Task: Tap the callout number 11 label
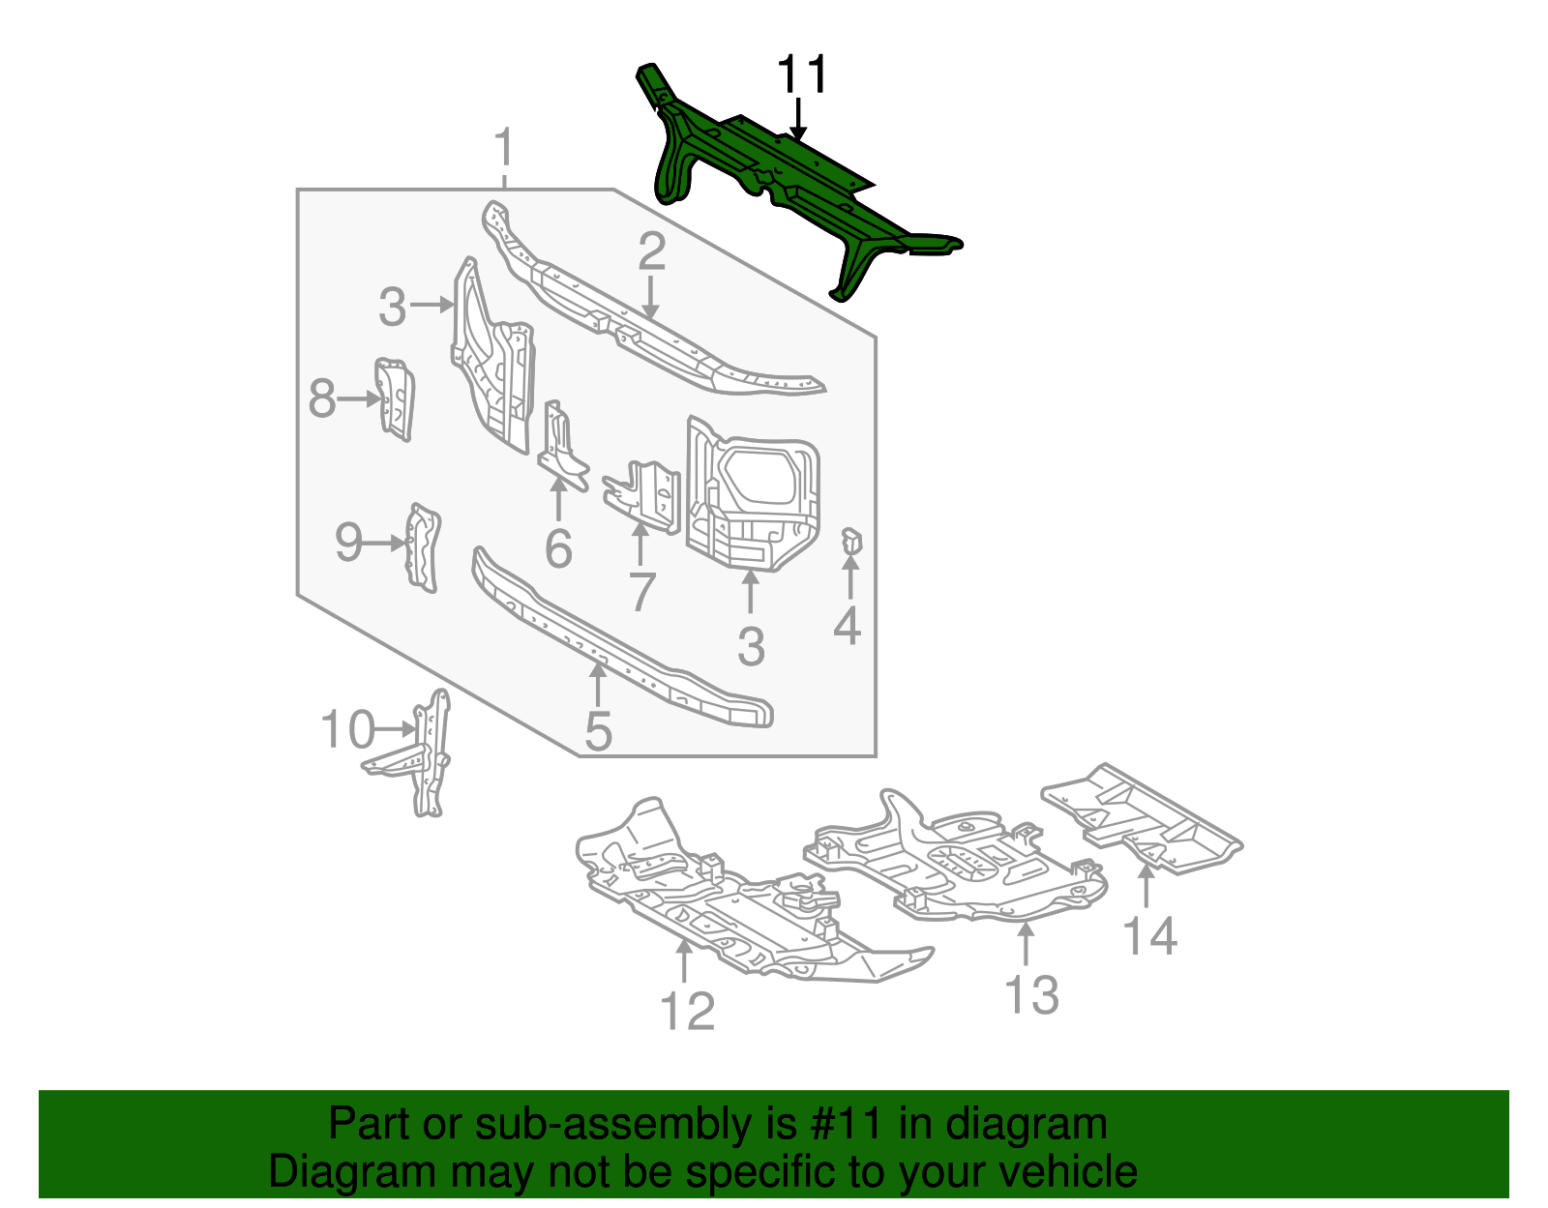(x=802, y=75)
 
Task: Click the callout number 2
(x=651, y=252)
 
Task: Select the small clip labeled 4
(x=850, y=544)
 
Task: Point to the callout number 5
(x=598, y=731)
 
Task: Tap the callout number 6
(x=558, y=549)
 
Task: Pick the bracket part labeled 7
(x=646, y=493)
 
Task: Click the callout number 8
(x=322, y=398)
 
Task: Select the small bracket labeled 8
(x=395, y=398)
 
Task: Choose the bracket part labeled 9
(x=423, y=546)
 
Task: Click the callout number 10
(x=346, y=730)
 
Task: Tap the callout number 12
(x=687, y=1012)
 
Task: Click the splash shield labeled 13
(x=958, y=861)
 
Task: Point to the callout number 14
(x=1149, y=936)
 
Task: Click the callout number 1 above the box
(x=503, y=150)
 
